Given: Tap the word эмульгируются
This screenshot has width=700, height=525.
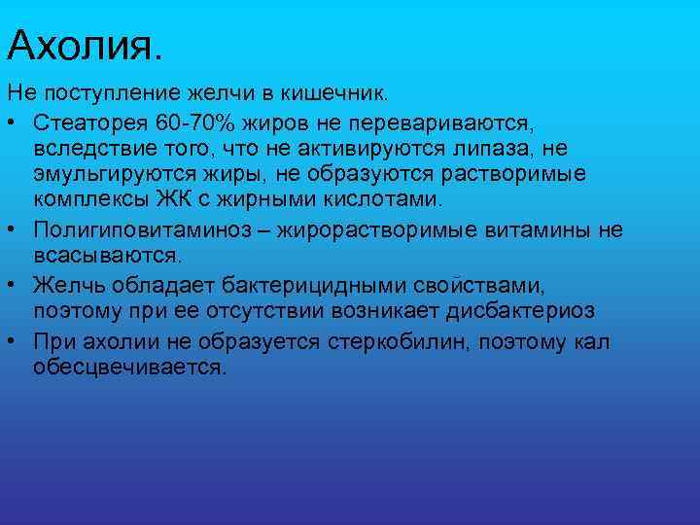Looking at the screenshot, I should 112,174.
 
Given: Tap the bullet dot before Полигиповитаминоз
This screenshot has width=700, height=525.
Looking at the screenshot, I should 14,230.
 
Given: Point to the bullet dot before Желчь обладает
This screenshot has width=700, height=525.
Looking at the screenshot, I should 14,285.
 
